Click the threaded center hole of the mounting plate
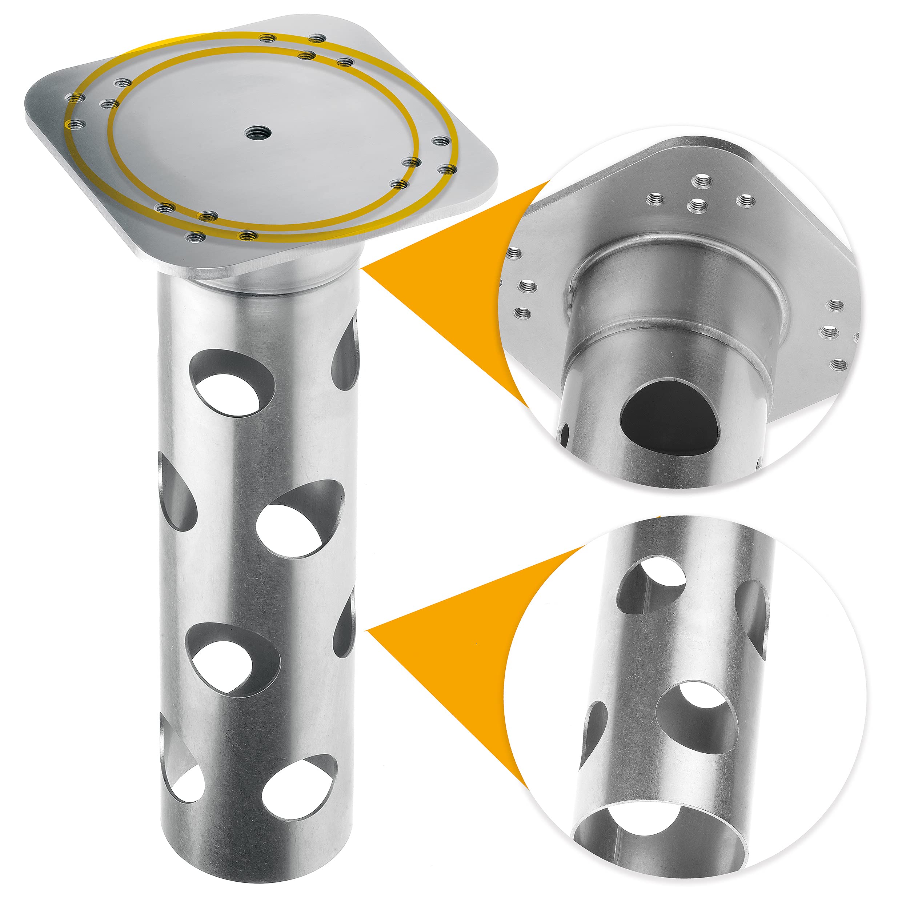click(x=256, y=133)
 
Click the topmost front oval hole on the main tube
click(x=230, y=383)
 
